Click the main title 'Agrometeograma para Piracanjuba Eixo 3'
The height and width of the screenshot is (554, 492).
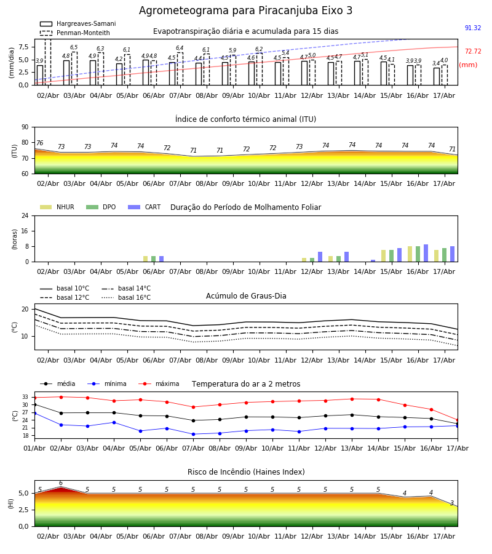pos(245,10)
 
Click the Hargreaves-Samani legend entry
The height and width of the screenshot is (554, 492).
pos(77,23)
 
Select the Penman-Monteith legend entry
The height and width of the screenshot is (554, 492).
pos(75,33)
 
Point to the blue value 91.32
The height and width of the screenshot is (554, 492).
pos(472,28)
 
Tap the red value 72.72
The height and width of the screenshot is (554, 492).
pos(473,51)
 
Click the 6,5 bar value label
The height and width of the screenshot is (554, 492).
pos(74,47)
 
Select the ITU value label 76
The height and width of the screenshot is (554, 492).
pos(39,143)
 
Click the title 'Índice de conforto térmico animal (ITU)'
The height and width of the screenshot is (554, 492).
pos(245,119)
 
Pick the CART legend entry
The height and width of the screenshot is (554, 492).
pos(145,207)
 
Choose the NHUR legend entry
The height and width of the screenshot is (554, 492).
pos(57,207)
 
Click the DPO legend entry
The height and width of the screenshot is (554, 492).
pos(101,207)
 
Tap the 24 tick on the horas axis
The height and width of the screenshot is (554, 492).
pos(25,216)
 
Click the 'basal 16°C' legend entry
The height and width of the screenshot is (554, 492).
pos(126,297)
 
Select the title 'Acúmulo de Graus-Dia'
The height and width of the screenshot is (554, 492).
pos(246,295)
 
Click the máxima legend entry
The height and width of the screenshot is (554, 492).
pos(159,383)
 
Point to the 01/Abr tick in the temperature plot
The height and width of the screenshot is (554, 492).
pos(34,448)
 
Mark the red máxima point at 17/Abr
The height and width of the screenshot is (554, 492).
pos(458,420)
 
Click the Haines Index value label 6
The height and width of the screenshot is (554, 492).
pos(61,483)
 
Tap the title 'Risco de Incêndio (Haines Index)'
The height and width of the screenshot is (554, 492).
pos(246,472)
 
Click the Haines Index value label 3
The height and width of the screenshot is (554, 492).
pos(452,503)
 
